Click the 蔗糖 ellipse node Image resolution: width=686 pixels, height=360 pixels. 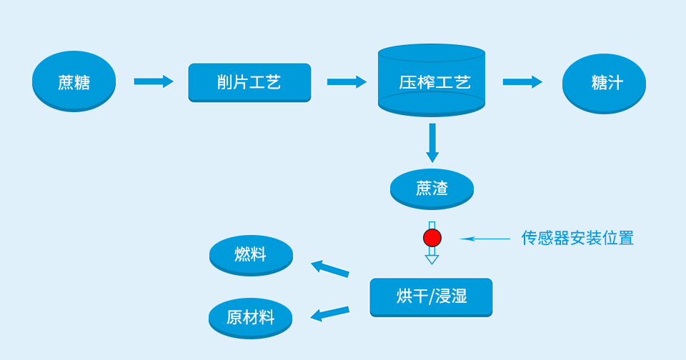(74, 81)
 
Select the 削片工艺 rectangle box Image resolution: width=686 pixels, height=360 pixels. (249, 82)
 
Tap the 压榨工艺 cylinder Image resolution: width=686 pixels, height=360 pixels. (432, 81)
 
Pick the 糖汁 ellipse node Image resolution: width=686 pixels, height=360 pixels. (604, 82)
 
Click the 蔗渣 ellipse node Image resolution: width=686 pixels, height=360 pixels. (432, 189)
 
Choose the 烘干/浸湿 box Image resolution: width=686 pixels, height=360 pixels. (431, 296)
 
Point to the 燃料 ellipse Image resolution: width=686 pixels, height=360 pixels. (251, 254)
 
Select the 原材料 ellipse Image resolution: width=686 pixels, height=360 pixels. (250, 317)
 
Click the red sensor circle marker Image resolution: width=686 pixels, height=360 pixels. (432, 238)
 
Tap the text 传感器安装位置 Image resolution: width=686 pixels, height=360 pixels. (577, 238)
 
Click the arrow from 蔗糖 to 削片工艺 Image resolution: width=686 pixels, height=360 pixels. (154, 81)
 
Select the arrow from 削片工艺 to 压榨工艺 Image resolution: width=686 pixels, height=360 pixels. (347, 81)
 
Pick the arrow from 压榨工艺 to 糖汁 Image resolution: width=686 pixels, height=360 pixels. (522, 81)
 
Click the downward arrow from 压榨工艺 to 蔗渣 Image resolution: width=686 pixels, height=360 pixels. (432, 142)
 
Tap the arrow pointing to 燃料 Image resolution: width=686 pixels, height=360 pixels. (329, 269)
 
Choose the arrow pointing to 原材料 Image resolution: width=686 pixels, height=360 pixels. (329, 314)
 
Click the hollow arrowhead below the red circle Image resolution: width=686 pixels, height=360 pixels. (432, 258)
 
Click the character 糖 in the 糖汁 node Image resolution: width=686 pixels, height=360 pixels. (599, 82)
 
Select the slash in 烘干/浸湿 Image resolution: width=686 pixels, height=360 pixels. (431, 296)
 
